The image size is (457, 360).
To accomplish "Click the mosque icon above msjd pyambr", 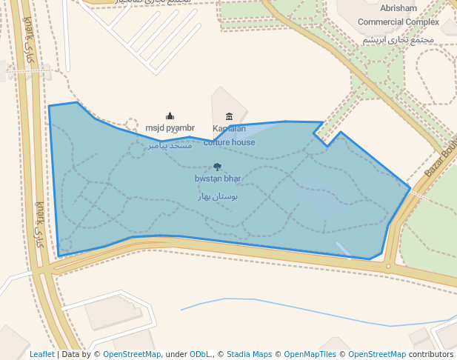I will [x=170, y=116].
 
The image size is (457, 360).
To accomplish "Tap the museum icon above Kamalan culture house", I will [x=229, y=116].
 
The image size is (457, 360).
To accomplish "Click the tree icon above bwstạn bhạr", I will [x=217, y=167].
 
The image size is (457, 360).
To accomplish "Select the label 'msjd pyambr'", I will [x=170, y=128].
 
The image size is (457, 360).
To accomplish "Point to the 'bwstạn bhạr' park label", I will [x=218, y=179].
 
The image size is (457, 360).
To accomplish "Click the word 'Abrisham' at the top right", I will [x=398, y=8].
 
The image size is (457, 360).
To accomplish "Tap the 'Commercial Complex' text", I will [x=398, y=22].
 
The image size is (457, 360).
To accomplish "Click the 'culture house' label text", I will [x=230, y=142].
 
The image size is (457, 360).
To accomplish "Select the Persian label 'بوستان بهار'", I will [x=217, y=196].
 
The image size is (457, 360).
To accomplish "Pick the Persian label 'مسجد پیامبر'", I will [x=170, y=145].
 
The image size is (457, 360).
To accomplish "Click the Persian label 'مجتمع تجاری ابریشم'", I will [x=398, y=39].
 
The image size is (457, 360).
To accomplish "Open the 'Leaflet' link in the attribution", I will [x=42, y=355].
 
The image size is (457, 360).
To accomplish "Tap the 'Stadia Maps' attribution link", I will [x=249, y=355].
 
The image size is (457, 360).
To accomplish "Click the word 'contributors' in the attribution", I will [x=431, y=355].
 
